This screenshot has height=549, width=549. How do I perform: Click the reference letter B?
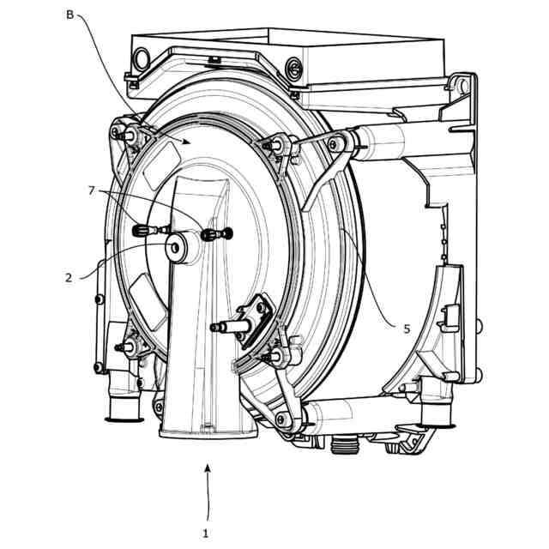point(69,15)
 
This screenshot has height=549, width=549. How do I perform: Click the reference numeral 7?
point(92,190)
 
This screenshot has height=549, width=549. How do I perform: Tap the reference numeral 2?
point(69,278)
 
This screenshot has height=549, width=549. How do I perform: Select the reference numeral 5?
point(407,329)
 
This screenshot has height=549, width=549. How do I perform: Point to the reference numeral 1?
point(206,534)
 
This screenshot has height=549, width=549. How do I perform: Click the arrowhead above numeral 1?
point(208,468)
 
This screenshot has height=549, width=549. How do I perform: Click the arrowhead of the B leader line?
point(187,142)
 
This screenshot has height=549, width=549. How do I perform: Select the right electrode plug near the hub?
point(217,233)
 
